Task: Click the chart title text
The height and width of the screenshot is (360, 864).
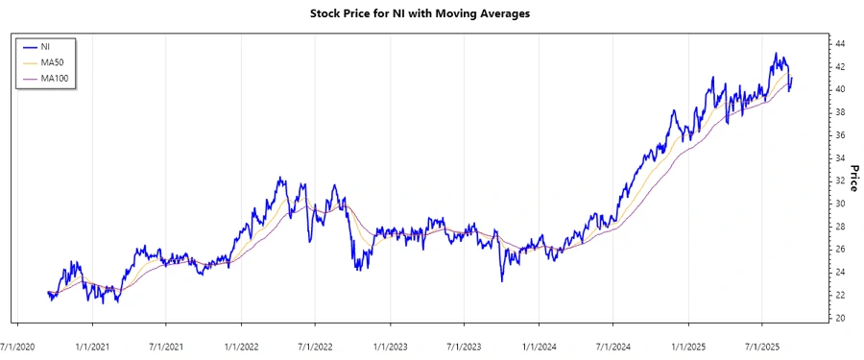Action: click(x=433, y=14)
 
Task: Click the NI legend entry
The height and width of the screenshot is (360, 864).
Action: click(x=46, y=46)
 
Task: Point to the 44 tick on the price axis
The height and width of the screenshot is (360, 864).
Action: click(x=839, y=44)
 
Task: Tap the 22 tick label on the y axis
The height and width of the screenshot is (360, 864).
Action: click(x=839, y=295)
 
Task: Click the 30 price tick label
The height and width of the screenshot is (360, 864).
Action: click(x=839, y=204)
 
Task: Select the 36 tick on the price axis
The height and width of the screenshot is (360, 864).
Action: click(x=839, y=135)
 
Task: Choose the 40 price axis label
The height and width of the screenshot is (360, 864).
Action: click(x=839, y=89)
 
